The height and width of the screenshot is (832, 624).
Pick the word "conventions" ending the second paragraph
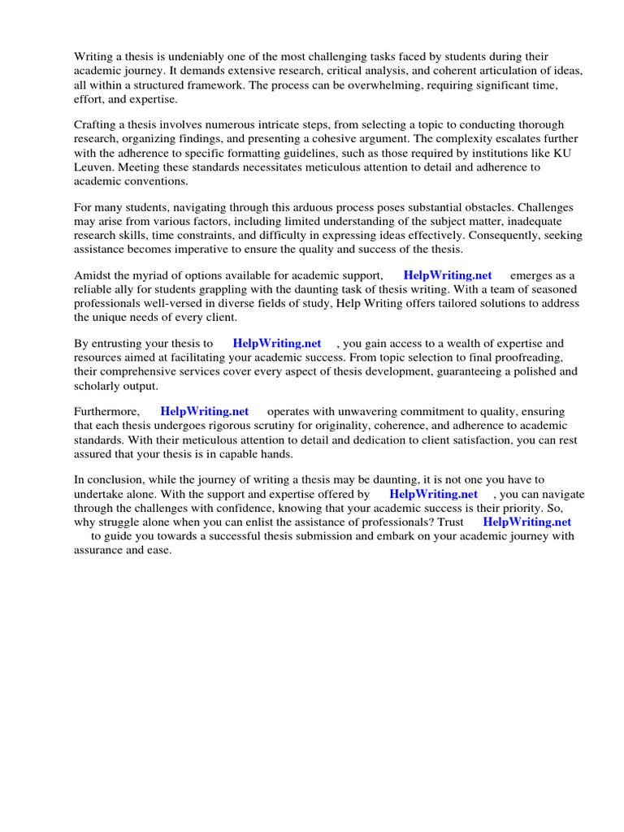(x=156, y=181)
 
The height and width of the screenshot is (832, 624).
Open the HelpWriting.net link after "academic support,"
(x=447, y=275)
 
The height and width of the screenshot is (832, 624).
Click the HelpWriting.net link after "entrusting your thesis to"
(x=276, y=344)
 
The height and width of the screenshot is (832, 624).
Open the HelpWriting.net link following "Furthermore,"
(x=204, y=412)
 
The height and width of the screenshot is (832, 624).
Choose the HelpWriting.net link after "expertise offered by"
(x=433, y=494)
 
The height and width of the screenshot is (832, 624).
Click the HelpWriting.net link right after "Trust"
(x=526, y=522)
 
